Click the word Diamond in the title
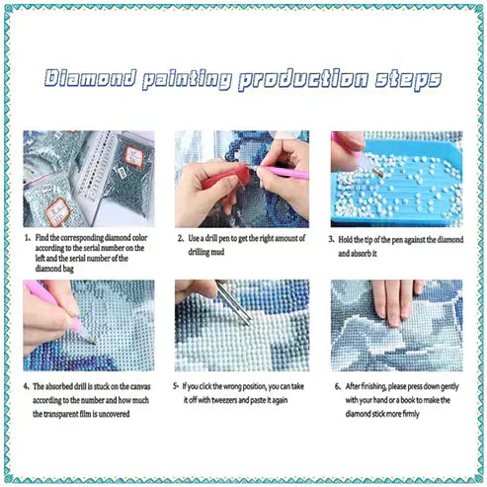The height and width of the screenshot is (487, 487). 90,78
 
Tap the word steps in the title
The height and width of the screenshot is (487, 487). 408,80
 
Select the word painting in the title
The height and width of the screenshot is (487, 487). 186,80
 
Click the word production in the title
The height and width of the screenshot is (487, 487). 303,80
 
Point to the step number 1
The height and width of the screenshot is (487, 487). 27,238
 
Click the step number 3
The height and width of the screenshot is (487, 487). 331,239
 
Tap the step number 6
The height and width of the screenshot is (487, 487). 338,386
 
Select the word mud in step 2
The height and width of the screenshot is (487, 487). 218,252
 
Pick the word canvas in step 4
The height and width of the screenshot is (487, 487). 141,386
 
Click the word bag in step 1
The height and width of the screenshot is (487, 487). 68,269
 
